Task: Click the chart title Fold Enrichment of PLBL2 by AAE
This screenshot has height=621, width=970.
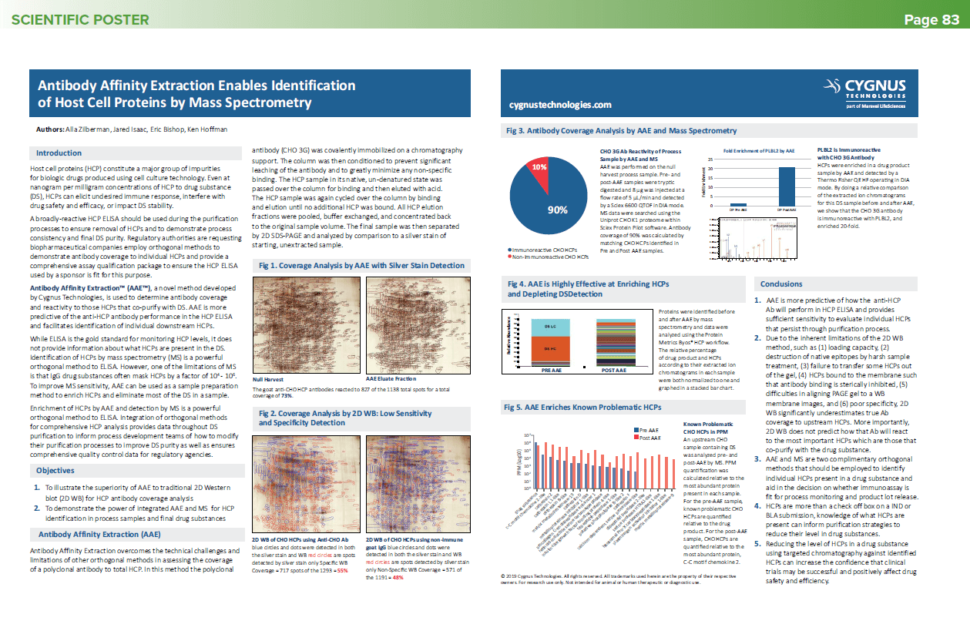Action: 759,150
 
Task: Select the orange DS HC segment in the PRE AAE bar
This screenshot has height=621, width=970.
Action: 551,349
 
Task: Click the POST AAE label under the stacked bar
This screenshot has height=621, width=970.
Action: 614,371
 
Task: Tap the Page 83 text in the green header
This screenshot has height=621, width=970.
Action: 931,20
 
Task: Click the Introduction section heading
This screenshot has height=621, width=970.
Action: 59,153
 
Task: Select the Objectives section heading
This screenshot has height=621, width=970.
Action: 55,470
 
